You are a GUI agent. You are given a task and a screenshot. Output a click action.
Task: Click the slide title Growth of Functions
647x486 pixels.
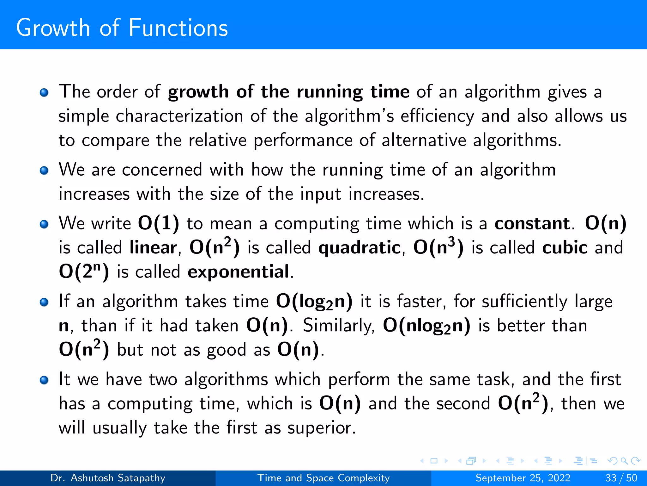[x=122, y=28]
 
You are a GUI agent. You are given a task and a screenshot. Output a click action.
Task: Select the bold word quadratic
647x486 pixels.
[x=360, y=247]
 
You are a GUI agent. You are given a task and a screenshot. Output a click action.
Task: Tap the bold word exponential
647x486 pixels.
[x=239, y=271]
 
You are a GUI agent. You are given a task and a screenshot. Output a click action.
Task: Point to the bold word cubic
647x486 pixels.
[x=565, y=247]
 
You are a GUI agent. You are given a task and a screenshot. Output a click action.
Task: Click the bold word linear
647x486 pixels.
[x=153, y=247]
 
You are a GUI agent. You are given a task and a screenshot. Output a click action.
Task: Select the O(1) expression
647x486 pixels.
[x=159, y=223]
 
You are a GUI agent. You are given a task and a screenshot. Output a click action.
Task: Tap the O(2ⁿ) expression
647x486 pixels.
[x=84, y=271]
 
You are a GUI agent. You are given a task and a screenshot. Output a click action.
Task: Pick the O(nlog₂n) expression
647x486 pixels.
[x=426, y=326]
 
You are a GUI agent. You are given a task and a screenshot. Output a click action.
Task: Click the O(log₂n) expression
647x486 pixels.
[x=314, y=302]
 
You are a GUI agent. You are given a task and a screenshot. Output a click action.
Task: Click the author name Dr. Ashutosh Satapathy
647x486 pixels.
[x=108, y=478]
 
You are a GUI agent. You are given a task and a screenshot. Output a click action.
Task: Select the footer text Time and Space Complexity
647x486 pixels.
[x=323, y=478]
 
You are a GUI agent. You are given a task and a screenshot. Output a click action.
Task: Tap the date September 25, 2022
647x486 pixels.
[x=523, y=478]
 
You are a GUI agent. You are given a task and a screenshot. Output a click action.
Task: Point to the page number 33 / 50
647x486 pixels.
[x=621, y=478]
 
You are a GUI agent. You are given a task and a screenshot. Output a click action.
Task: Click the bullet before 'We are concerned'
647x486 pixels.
[x=44, y=171]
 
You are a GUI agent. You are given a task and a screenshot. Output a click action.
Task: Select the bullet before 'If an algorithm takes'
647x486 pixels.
[x=44, y=302]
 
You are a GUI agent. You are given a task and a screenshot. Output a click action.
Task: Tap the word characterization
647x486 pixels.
[x=179, y=116]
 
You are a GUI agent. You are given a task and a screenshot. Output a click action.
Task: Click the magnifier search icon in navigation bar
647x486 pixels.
[x=624, y=461]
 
